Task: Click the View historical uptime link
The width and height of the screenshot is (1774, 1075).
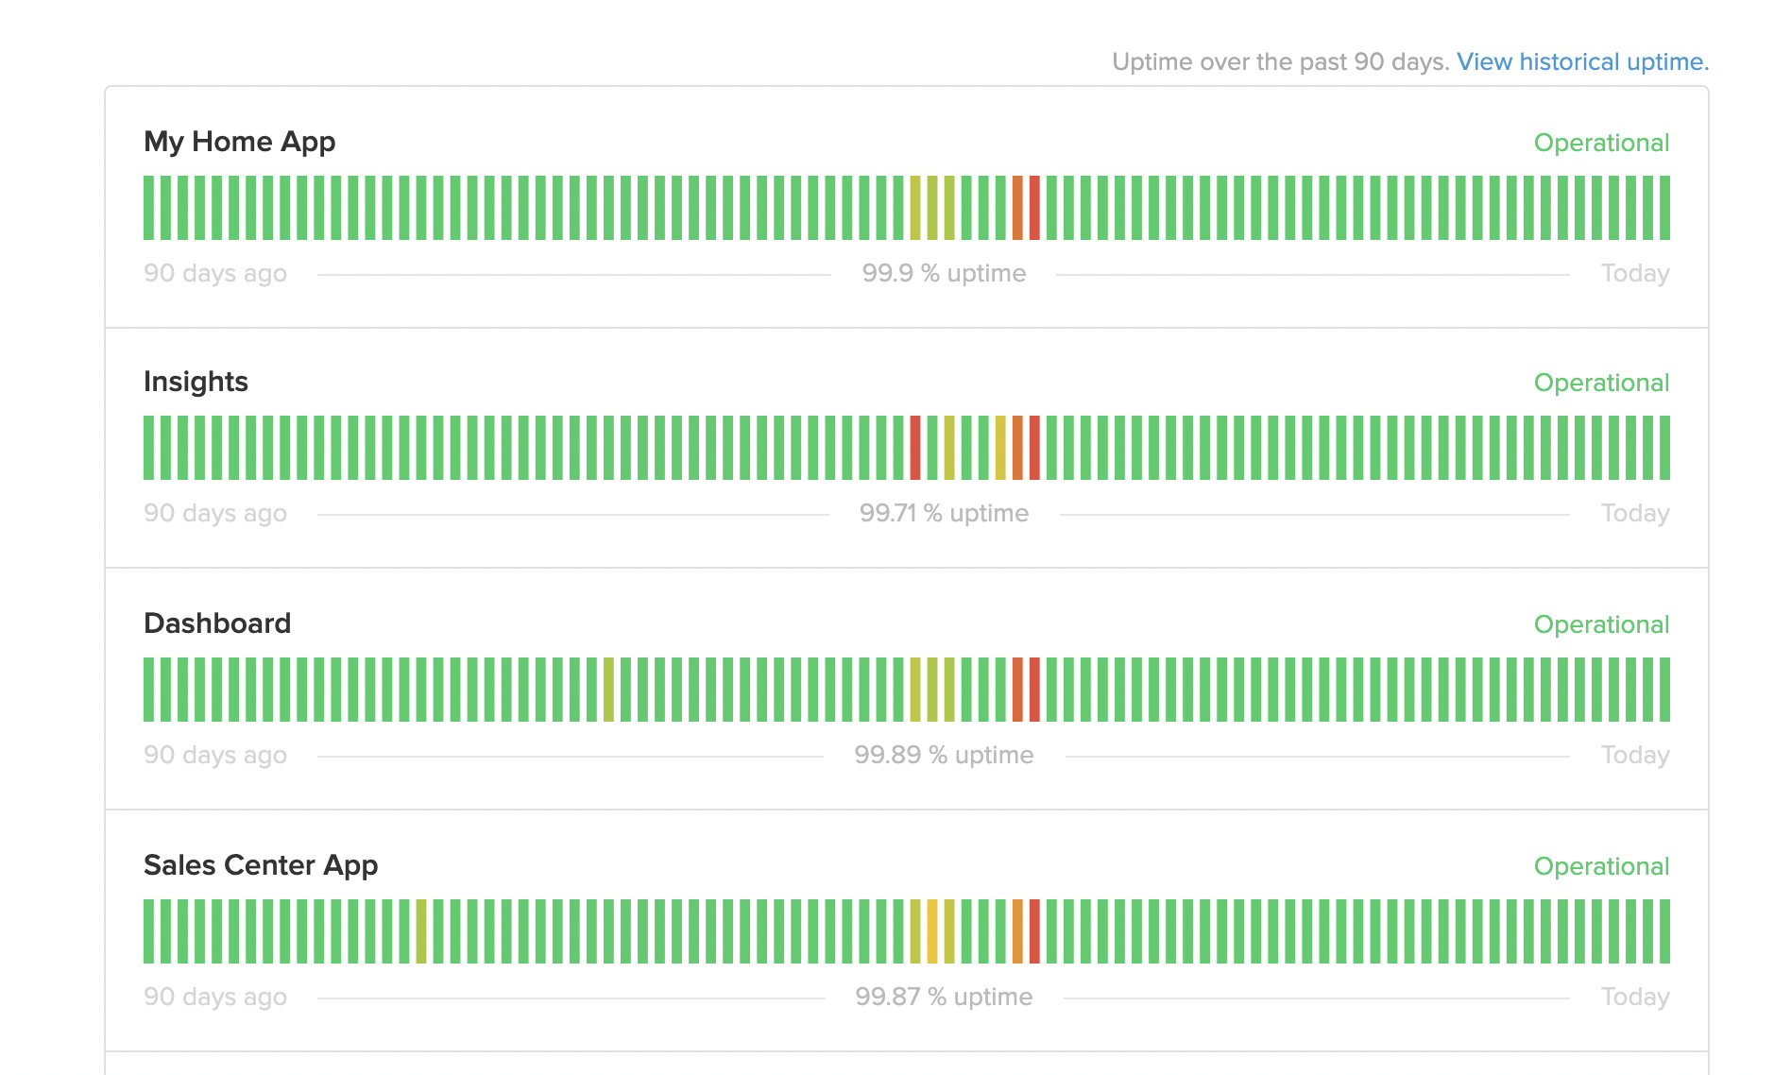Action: click(1582, 62)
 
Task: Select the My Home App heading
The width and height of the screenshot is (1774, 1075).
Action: click(239, 142)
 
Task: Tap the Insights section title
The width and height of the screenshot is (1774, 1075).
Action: click(196, 382)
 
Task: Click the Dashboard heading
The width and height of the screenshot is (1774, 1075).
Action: click(217, 623)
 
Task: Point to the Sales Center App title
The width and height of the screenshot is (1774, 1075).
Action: click(261, 865)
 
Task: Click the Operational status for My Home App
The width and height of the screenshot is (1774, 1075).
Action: click(1601, 143)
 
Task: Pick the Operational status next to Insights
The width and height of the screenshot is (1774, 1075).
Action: click(1601, 383)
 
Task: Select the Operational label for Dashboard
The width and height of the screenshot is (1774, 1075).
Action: click(1601, 624)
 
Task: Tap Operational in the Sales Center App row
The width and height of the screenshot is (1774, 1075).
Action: click(1601, 866)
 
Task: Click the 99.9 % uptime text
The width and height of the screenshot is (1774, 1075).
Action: click(944, 274)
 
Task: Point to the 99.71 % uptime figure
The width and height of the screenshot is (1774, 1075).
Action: click(944, 514)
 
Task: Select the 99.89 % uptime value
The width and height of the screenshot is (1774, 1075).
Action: click(944, 756)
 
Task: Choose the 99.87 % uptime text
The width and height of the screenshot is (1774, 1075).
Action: click(944, 998)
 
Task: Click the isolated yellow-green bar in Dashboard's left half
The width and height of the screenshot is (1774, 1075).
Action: click(609, 690)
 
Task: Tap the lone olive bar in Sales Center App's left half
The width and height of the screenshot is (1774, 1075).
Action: click(421, 931)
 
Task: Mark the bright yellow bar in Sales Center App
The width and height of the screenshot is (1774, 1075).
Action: click(932, 931)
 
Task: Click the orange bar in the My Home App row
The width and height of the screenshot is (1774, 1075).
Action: click(1017, 208)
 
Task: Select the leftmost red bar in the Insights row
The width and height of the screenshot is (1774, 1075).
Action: click(915, 448)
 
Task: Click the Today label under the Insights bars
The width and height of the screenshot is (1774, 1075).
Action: click(1635, 514)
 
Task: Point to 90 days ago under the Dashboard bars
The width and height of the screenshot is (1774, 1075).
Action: click(215, 756)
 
